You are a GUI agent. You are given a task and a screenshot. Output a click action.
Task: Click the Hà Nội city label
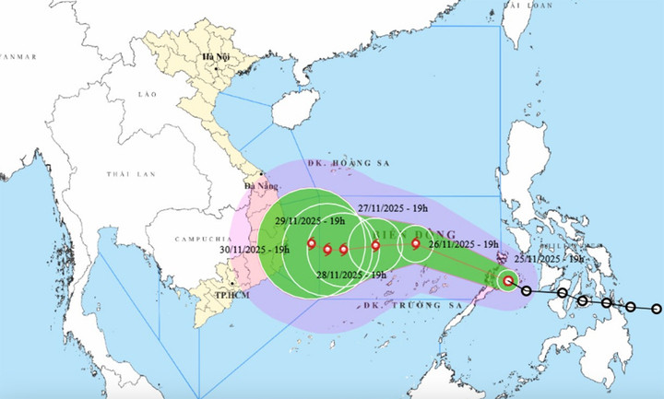click(x=216, y=59)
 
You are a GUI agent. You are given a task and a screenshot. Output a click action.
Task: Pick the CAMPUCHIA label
click(x=200, y=240)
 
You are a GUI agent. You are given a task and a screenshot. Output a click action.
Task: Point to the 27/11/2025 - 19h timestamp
click(x=395, y=209)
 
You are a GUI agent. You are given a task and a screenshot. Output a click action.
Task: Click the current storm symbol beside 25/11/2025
click(x=508, y=281)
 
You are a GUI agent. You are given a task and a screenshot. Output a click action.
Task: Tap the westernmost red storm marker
click(x=312, y=245)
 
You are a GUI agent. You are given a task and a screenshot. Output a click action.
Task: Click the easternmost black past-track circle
click(x=657, y=309)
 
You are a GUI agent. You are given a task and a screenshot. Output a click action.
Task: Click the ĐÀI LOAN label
click(x=529, y=6)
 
